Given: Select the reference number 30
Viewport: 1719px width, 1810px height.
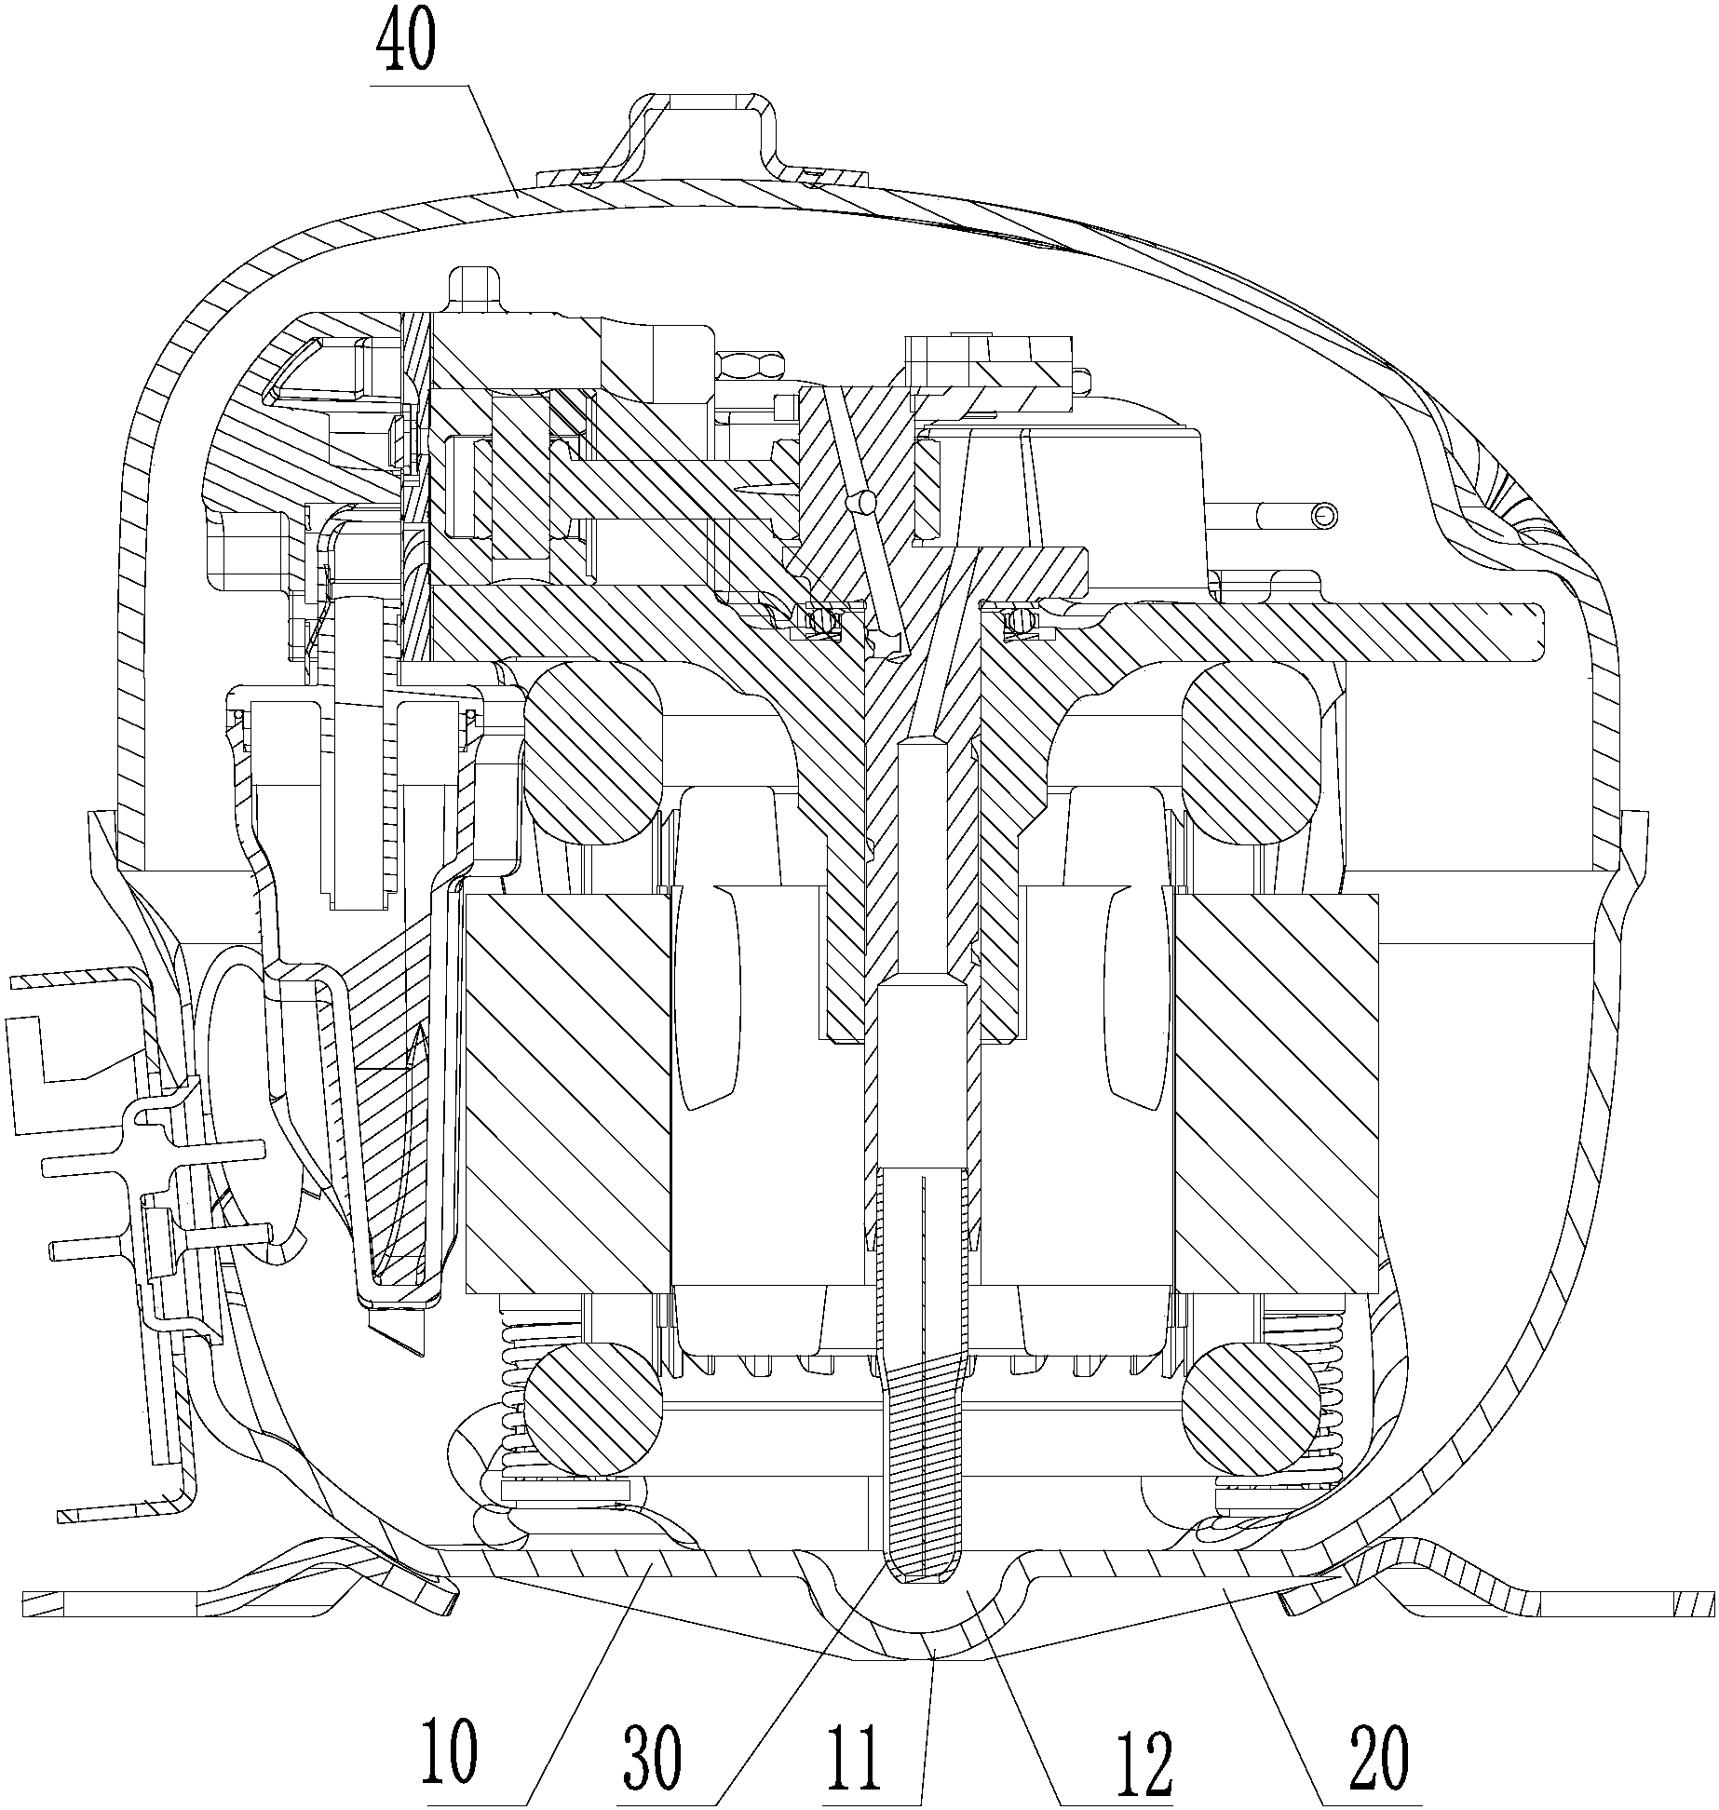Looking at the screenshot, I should click(654, 1757).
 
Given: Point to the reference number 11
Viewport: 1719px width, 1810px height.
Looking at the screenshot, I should click(857, 1757).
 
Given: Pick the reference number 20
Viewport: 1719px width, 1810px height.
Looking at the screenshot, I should click(1379, 1755).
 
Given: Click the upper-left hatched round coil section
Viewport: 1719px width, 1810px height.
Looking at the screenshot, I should click(593, 753).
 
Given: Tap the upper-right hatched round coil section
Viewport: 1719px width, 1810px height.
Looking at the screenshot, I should click(1251, 753).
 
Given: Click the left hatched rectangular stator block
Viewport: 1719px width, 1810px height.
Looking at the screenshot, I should click(566, 1094).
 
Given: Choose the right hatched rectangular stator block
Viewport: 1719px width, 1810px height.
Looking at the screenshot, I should click(1276, 1094).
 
